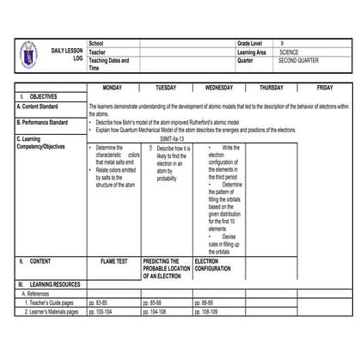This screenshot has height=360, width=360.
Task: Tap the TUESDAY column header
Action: click(166, 88)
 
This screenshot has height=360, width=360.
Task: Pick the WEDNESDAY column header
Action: click(218, 88)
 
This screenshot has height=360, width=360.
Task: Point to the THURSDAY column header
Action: click(272, 88)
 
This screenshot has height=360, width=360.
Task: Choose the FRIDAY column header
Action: click(324, 88)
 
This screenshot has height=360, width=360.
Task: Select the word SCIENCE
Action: click(290, 52)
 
